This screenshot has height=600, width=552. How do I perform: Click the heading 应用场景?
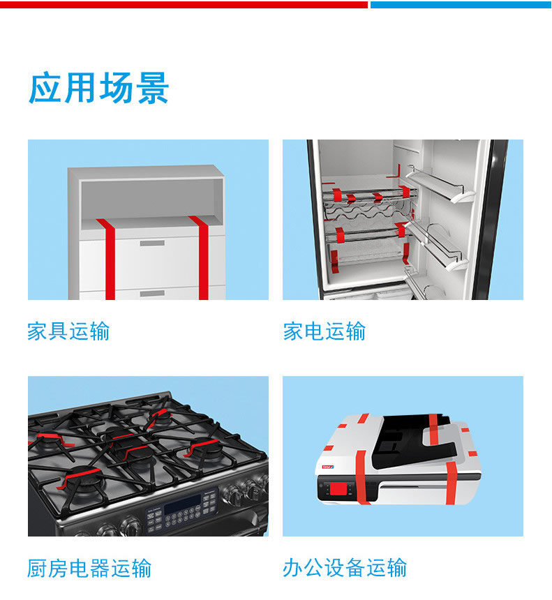[99, 88]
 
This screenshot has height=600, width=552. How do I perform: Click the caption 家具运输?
[68, 331]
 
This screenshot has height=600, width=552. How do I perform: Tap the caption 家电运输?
[325, 331]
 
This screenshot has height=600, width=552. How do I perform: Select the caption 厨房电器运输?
[89, 568]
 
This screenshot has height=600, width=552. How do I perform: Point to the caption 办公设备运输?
[345, 567]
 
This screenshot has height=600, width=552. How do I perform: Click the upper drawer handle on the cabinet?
[152, 243]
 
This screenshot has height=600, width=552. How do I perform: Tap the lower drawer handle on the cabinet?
[152, 294]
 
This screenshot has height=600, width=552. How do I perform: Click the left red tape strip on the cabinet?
[108, 259]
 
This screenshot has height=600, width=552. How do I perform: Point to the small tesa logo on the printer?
[328, 467]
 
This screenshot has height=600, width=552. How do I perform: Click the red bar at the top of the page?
[184, 5]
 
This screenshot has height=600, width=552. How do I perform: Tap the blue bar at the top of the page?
[461, 5]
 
